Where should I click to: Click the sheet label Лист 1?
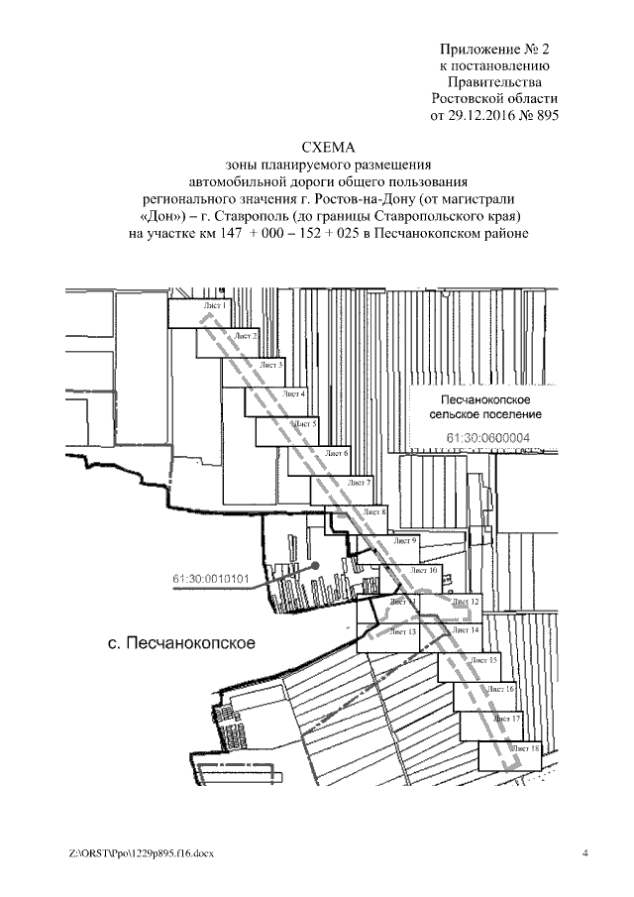[215, 307]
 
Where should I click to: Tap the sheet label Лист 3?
[270, 366]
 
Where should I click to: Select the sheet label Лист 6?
[337, 453]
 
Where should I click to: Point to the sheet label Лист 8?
[373, 511]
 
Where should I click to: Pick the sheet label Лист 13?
[403, 630]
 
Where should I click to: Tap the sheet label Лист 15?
[485, 659]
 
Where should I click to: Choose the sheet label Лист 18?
[527, 748]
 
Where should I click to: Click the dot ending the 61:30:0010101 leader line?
[315, 565]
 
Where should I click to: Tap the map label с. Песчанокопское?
[181, 643]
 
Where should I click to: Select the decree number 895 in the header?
[547, 116]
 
